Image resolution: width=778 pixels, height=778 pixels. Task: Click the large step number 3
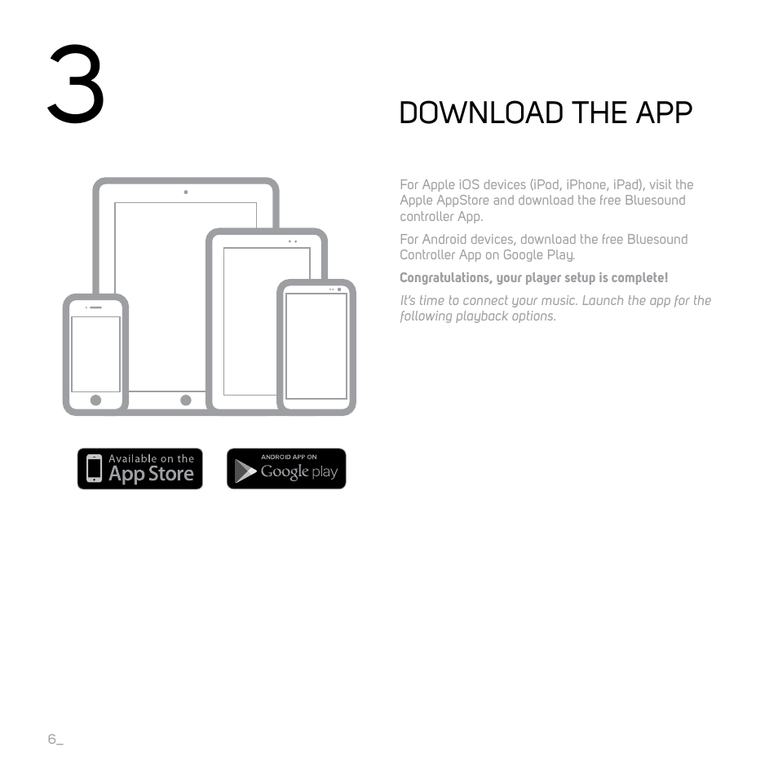[x=76, y=85]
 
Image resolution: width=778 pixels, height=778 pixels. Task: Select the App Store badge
[x=139, y=469]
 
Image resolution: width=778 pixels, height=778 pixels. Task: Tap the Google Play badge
[x=286, y=469]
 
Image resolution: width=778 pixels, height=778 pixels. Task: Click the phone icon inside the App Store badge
[x=95, y=469]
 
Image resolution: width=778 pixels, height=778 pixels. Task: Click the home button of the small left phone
[x=95, y=400]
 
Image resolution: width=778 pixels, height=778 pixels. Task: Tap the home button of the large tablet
[x=186, y=400]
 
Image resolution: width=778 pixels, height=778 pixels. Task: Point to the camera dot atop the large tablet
[x=186, y=192]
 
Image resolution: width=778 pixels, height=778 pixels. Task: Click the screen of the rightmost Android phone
[x=316, y=346]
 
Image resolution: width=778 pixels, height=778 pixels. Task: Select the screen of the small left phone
[x=95, y=354]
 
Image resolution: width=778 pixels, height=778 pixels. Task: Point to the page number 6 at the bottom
[x=52, y=739]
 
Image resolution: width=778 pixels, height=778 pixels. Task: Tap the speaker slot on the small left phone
[x=95, y=307]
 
